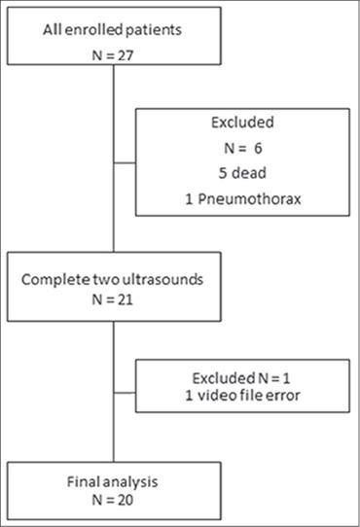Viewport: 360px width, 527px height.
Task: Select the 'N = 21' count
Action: pos(114,301)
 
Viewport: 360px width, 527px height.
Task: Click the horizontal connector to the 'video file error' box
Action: pos(125,384)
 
